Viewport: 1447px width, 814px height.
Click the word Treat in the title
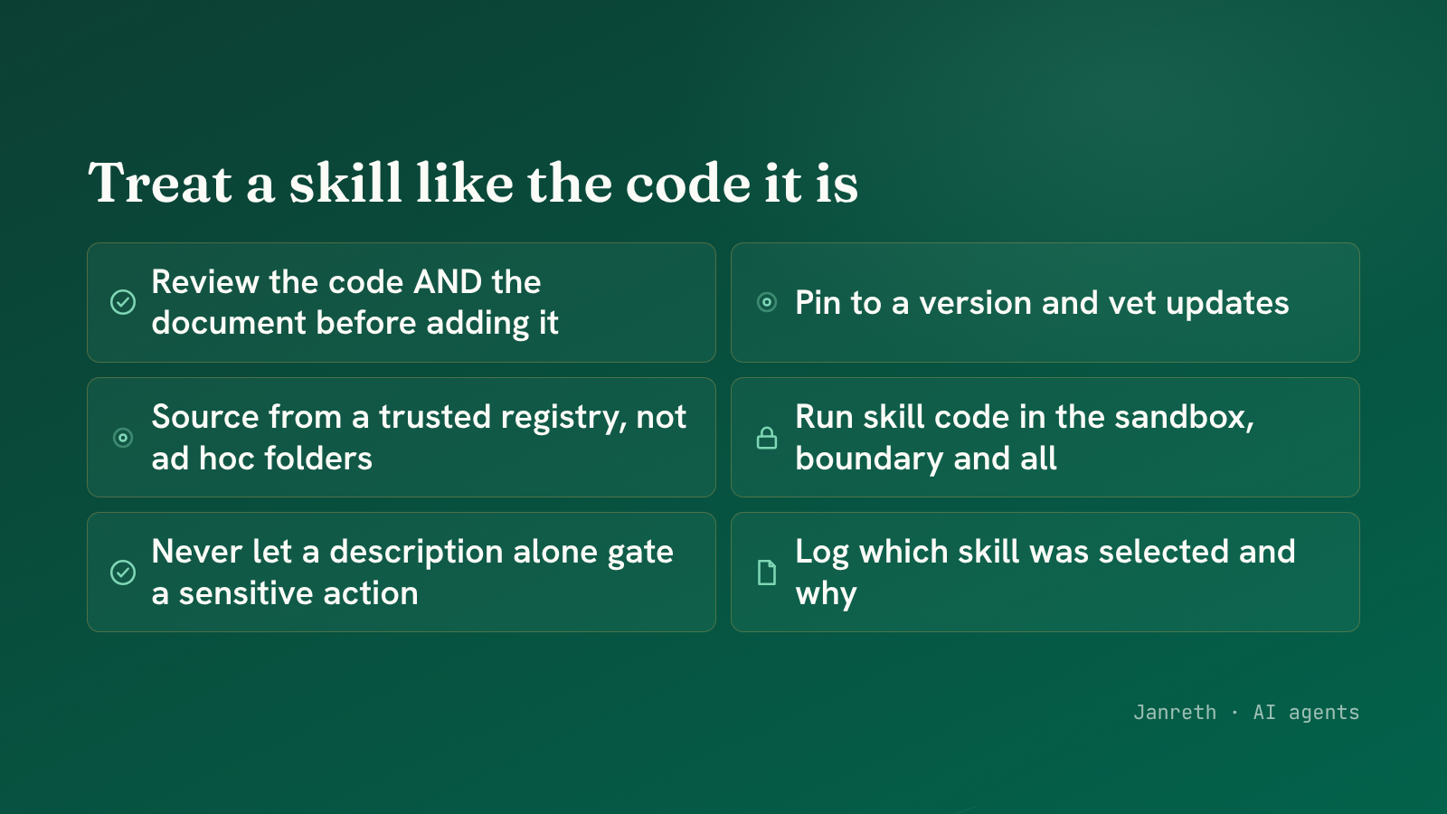click(x=159, y=183)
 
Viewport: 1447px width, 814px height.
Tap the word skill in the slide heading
click(x=345, y=183)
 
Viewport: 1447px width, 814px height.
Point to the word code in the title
click(x=687, y=183)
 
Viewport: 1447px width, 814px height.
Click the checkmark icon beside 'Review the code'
click(x=123, y=302)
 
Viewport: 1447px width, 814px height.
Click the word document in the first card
click(x=228, y=322)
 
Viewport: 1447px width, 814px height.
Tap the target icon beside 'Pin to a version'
click(x=767, y=302)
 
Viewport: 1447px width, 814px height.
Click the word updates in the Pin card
click(x=1227, y=304)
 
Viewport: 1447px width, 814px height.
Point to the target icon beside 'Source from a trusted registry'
click(x=123, y=438)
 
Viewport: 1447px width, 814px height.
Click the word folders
click(x=317, y=458)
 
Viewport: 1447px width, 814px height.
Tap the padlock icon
click(x=767, y=438)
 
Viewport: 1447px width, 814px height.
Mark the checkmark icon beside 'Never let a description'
click(x=123, y=573)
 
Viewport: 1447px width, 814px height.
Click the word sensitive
click(x=246, y=593)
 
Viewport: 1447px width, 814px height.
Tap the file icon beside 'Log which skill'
click(x=767, y=573)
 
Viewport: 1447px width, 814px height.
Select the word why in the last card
click(x=827, y=593)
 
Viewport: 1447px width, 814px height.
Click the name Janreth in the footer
click(x=1175, y=712)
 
